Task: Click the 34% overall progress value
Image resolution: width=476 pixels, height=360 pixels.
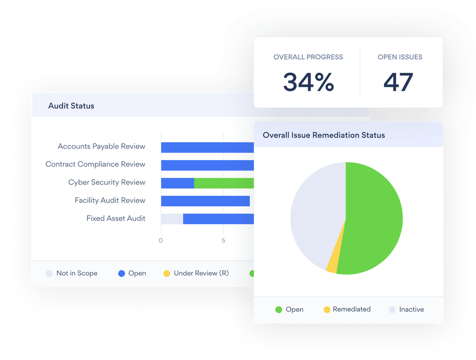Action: coord(308,82)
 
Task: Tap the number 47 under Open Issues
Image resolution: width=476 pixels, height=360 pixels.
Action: coord(398,82)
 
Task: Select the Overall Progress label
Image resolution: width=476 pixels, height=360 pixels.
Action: coord(308,57)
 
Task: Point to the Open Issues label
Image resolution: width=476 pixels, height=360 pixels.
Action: coord(400,57)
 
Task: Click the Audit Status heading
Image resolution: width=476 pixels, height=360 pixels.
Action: coord(71,106)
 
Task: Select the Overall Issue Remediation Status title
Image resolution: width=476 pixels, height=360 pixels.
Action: coord(324,135)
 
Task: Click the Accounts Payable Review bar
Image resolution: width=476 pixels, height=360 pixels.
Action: coord(207,147)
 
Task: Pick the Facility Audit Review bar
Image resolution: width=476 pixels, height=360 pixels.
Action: coord(205,201)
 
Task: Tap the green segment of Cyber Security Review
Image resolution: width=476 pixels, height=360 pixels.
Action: coord(224,183)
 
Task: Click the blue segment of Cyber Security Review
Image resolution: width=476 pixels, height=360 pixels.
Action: coord(178,183)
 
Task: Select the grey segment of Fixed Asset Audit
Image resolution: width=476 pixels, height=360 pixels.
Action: coord(172,219)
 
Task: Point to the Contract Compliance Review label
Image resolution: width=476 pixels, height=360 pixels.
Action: coord(95,164)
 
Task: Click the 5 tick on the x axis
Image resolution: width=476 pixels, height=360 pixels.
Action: coord(223,240)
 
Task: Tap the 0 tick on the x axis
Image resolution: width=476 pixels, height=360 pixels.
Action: coord(161,240)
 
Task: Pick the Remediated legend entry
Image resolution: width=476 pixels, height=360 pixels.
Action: coord(347,309)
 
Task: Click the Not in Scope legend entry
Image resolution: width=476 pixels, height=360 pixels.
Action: coord(71,273)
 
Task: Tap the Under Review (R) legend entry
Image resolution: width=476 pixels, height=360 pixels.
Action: coord(196,273)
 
